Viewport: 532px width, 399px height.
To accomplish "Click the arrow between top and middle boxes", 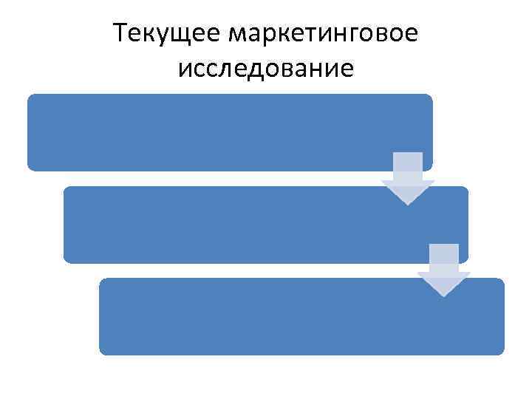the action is tap(408, 178).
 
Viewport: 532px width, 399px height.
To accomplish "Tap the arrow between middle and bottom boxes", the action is tap(444, 270).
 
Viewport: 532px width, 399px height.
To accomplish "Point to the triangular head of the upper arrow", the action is tap(408, 191).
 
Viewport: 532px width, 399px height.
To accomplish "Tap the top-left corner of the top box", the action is tap(30, 97).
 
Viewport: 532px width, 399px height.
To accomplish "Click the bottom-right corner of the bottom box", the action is tap(502, 352).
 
